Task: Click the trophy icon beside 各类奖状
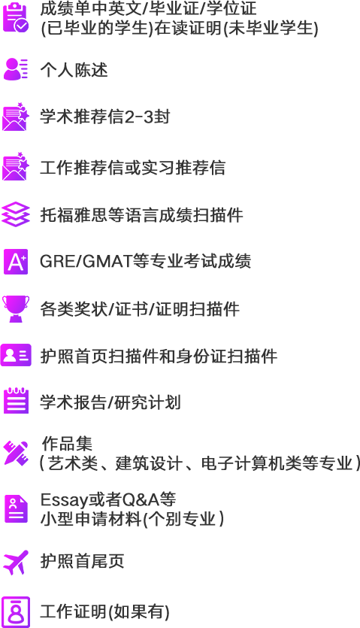(x=16, y=308)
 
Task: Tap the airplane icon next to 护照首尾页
(x=16, y=562)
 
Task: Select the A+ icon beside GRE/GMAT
(x=16, y=262)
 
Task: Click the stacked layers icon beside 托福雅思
(x=16, y=214)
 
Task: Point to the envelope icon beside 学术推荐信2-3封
(x=16, y=117)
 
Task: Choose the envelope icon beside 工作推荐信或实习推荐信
(x=16, y=167)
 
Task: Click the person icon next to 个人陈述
(x=16, y=69)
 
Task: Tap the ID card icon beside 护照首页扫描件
(x=16, y=355)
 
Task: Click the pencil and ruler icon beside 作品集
(x=16, y=453)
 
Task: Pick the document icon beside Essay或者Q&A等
(x=16, y=508)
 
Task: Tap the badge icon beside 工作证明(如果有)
(x=16, y=611)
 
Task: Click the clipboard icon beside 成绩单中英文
(x=16, y=18)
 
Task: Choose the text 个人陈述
(x=74, y=70)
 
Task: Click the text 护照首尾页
(x=83, y=561)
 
